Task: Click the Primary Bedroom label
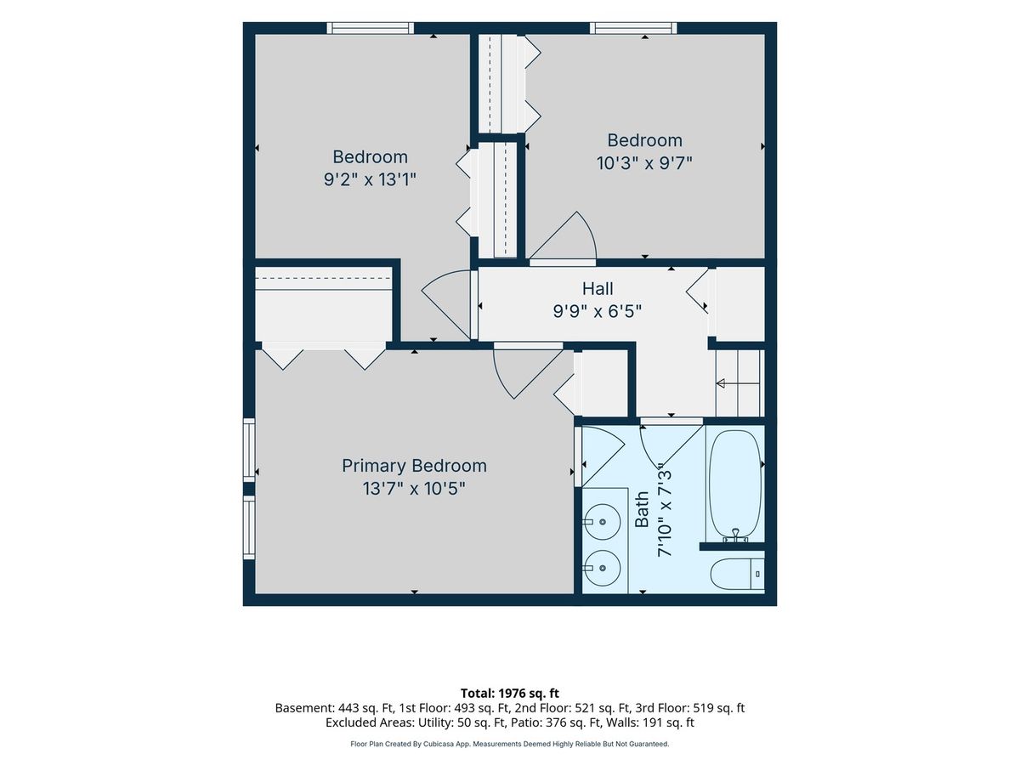pyautogui.click(x=414, y=466)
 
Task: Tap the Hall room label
pyautogui.click(x=598, y=288)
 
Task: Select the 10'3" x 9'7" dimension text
pyautogui.click(x=644, y=163)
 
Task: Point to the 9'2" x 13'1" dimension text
pyautogui.click(x=370, y=179)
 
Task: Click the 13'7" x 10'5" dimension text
pyautogui.click(x=414, y=489)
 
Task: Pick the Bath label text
pyautogui.click(x=642, y=509)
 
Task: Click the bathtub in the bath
pyautogui.click(x=735, y=486)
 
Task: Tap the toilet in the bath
pyautogui.click(x=737, y=574)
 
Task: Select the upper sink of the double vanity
pyautogui.click(x=602, y=522)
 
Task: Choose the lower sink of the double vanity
pyautogui.click(x=602, y=568)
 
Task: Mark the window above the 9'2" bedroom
pyautogui.click(x=370, y=28)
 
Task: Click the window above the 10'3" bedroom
pyautogui.click(x=633, y=28)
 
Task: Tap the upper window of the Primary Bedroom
pyautogui.click(x=250, y=450)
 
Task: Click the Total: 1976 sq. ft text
pyautogui.click(x=510, y=694)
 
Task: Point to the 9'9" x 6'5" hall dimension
pyautogui.click(x=598, y=311)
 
